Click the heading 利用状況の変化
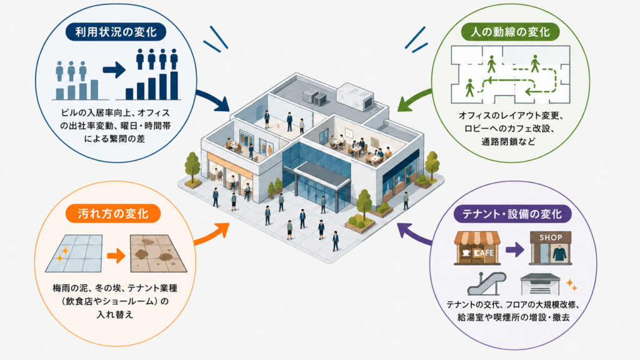[x=116, y=32]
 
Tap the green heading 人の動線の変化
[x=510, y=32]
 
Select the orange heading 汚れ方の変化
[x=113, y=214]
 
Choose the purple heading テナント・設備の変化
[x=512, y=214]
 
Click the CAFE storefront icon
[x=477, y=248]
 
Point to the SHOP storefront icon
[x=550, y=248]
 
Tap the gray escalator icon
[x=486, y=284]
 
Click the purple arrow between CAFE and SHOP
[x=515, y=249]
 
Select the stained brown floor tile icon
[x=158, y=254]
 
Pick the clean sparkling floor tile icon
[x=74, y=254]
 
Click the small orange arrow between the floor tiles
[x=116, y=256]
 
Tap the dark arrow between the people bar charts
[x=114, y=70]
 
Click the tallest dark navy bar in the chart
[x=174, y=86]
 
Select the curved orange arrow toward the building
[x=211, y=234]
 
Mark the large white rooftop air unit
[x=355, y=97]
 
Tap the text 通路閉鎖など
[x=507, y=142]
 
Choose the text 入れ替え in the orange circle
[x=115, y=315]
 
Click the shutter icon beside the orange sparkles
[x=540, y=284]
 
